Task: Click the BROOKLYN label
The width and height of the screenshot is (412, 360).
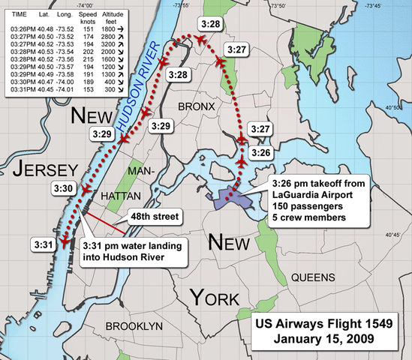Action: click(134, 327)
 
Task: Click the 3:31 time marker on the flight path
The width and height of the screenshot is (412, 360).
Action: click(43, 244)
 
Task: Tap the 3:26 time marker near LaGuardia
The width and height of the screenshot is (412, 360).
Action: click(261, 153)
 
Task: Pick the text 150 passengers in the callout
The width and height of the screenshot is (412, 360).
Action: click(309, 206)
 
